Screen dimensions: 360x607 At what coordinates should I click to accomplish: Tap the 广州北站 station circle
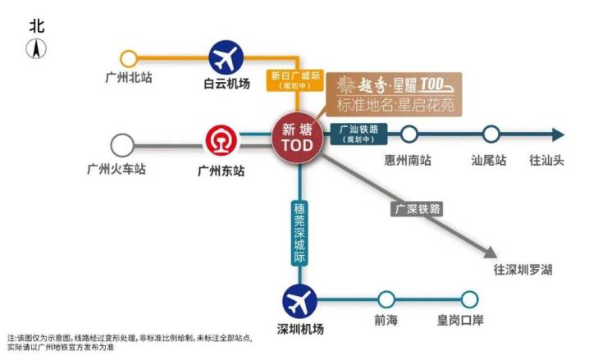pos(129,59)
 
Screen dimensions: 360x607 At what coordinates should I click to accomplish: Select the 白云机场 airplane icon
pos(226,57)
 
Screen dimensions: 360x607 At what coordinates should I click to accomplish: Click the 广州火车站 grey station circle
pos(122,146)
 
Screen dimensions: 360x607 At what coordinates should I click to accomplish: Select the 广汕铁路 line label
pos(356,133)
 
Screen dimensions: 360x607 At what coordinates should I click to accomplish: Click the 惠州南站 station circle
pos(408,134)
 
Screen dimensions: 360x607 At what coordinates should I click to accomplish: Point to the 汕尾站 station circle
pos(491,134)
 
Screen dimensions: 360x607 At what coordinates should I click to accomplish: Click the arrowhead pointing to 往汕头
pos(558,134)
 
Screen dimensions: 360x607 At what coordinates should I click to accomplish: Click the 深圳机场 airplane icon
pos(299,301)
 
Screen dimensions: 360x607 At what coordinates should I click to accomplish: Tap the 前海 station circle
pos(386,300)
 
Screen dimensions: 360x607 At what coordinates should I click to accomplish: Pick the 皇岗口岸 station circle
pos(469,300)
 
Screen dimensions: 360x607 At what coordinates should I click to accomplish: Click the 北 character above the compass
pos(37,25)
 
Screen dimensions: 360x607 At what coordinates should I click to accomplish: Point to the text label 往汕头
pos(541,160)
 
